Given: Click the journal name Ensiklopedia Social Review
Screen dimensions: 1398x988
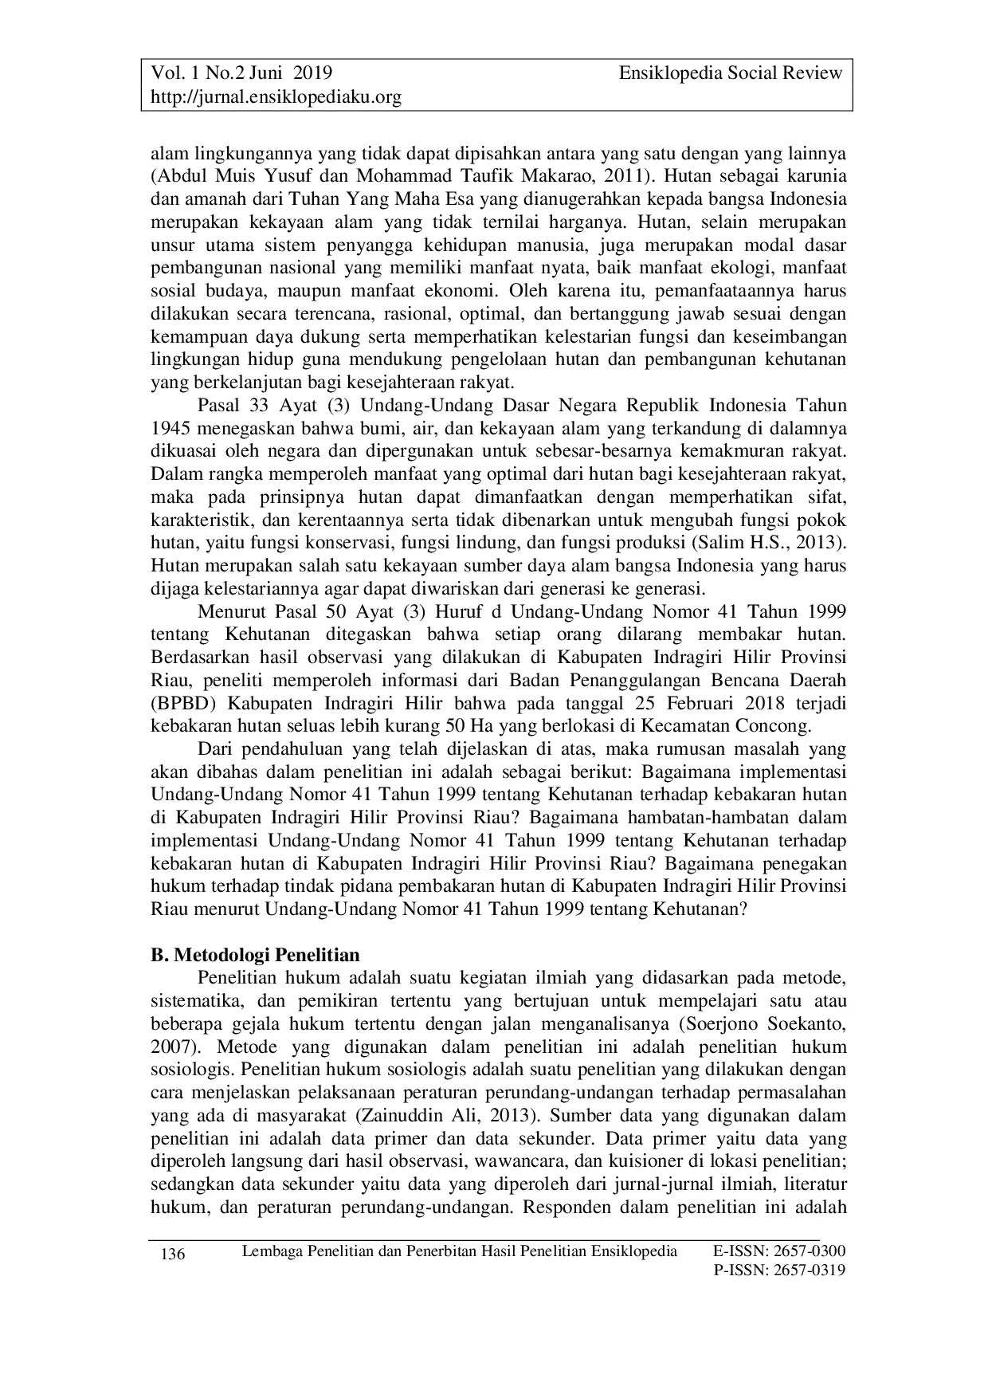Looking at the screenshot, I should click(730, 73).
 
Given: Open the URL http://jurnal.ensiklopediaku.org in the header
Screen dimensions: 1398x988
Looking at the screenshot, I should click(276, 97).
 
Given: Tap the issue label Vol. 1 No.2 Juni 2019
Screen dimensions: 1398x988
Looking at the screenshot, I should click(241, 73).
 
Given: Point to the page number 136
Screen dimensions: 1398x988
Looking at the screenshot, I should click(173, 1255).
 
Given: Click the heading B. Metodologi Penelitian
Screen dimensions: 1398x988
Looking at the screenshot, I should click(255, 954).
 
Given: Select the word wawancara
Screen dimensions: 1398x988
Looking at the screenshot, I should click(517, 1160).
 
